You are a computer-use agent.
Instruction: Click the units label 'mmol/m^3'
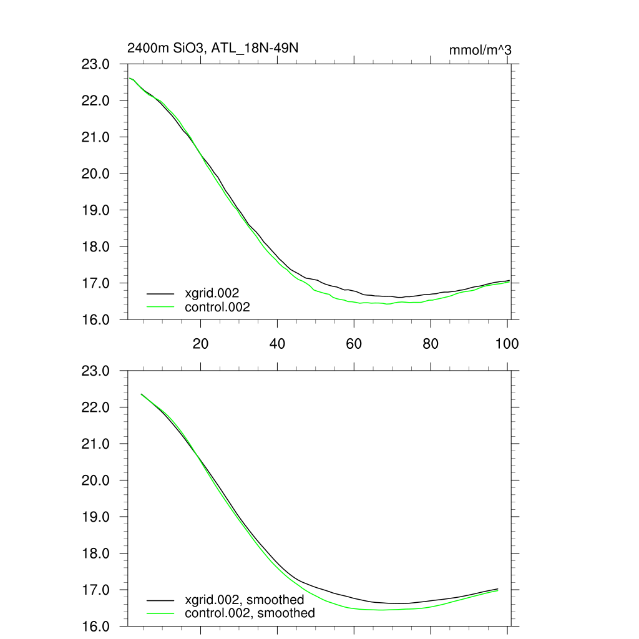click(480, 50)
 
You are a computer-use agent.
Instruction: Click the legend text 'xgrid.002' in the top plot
click(212, 293)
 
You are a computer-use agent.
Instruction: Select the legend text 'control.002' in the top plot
click(217, 307)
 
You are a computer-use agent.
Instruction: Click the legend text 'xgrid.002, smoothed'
click(244, 600)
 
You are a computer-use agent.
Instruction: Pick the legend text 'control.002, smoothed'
click(250, 613)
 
